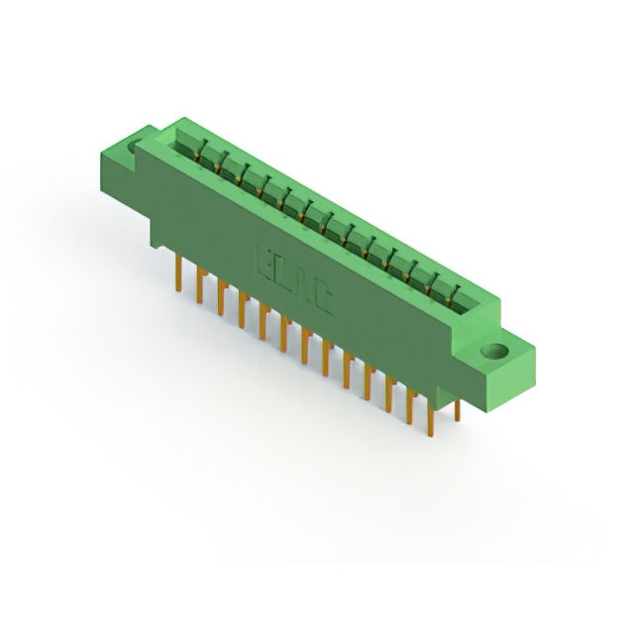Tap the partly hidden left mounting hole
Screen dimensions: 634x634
[135, 149]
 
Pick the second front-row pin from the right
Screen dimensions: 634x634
[410, 408]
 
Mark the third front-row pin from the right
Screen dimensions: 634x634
[389, 396]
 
